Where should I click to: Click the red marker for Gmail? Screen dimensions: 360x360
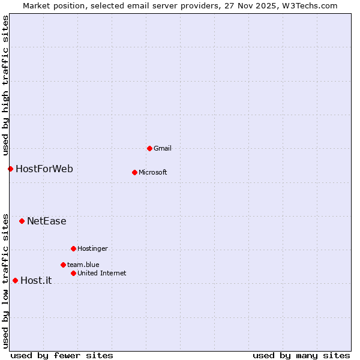(x=149, y=148)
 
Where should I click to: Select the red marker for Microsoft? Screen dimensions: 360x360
(x=134, y=172)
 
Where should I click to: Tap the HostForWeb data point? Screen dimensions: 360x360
(x=10, y=169)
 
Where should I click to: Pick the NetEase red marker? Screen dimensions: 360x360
(x=22, y=221)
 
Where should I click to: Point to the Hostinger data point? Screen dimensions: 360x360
(x=73, y=248)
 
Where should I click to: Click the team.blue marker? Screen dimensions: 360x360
(x=63, y=265)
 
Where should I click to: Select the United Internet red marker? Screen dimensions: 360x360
(x=73, y=273)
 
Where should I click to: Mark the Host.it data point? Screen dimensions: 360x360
(x=15, y=280)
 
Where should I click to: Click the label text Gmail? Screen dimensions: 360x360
(x=163, y=148)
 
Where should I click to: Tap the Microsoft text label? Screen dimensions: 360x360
(x=152, y=172)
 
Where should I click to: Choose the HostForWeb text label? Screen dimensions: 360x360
(x=44, y=169)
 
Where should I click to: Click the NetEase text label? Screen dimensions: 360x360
(x=46, y=221)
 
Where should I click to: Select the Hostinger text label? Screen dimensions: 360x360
(x=92, y=248)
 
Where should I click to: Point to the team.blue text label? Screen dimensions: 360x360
(x=83, y=265)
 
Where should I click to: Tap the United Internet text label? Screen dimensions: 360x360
(x=101, y=273)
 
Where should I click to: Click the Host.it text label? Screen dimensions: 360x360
(x=36, y=280)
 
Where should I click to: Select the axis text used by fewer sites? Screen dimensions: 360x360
(x=62, y=355)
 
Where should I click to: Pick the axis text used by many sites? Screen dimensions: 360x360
(x=301, y=355)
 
